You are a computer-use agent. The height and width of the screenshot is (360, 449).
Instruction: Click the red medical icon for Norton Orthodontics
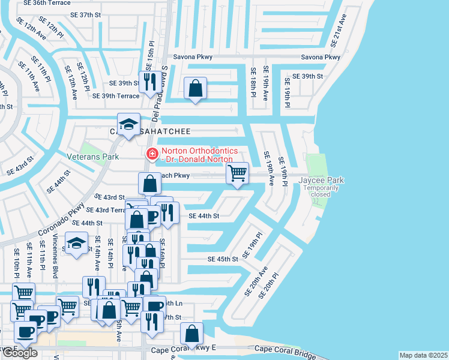pos(152,154)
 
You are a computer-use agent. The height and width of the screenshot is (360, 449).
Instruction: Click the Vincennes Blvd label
pos(56,263)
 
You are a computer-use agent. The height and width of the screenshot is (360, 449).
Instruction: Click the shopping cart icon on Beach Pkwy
pos(238,173)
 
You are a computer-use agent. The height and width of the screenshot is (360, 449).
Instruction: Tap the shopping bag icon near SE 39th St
pos(196,88)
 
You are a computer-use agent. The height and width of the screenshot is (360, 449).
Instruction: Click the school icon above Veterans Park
pos(128,124)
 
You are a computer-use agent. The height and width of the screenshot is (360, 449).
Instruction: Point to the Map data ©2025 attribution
pos(423,355)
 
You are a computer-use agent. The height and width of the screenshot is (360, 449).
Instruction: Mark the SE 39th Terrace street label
pos(116,95)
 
